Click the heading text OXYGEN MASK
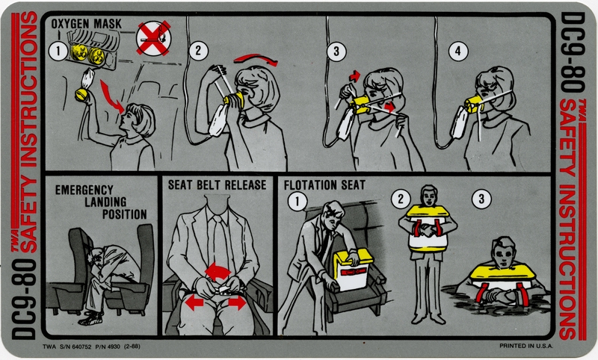[81, 25]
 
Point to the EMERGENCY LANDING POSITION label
[100, 202]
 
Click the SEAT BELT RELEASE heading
[217, 184]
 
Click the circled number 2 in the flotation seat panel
[402, 199]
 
